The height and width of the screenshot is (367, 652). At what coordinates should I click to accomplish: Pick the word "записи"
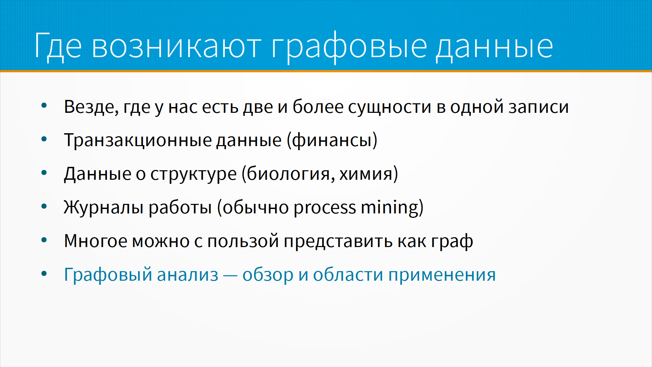pos(539,107)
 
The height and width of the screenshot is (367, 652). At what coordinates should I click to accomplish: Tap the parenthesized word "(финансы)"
pos(332,140)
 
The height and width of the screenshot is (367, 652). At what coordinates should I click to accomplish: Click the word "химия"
pos(366,174)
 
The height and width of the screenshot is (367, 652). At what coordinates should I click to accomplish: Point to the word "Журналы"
pos(103,207)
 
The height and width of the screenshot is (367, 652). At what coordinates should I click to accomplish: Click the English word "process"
pos(325,208)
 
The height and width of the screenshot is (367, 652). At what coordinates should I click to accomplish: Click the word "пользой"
pos(243,241)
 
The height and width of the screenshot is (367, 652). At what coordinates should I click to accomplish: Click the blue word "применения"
pos(442,275)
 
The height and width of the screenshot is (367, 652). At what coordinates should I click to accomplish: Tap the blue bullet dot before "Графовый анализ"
pos(44,274)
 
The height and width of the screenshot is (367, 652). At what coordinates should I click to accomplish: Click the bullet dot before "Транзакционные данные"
pos(44,139)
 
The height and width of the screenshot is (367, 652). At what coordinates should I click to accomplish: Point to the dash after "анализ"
pos(230,276)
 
